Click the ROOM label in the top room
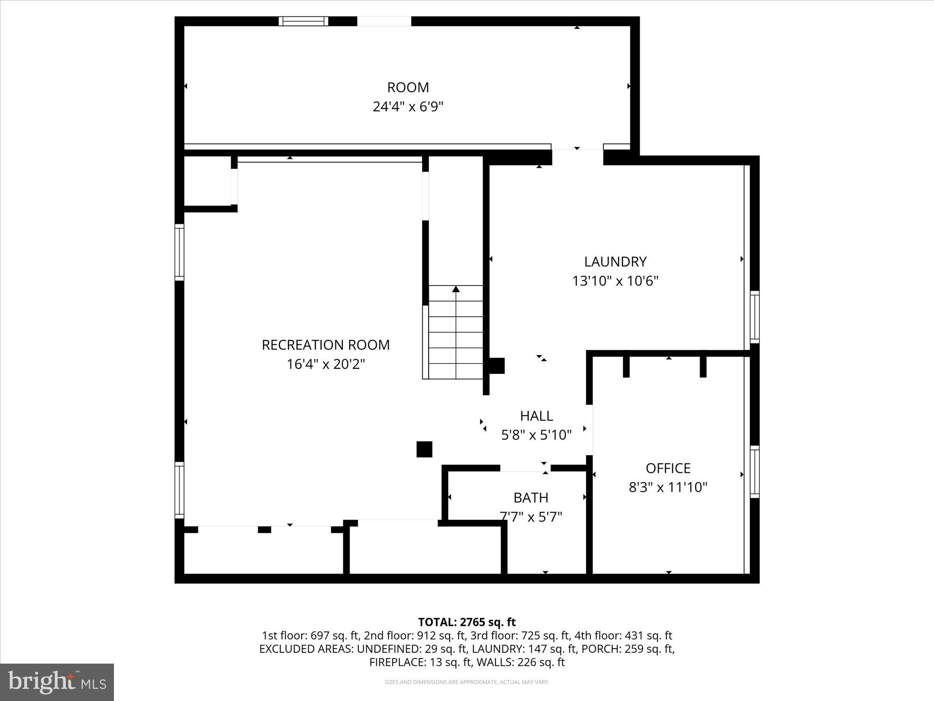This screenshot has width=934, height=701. [408, 87]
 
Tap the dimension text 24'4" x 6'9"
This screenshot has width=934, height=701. [408, 107]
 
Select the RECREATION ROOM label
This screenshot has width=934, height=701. [325, 345]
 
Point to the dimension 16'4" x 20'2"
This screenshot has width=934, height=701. [325, 364]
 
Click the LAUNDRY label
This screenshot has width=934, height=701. [615, 262]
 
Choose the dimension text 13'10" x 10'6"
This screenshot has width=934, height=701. [615, 281]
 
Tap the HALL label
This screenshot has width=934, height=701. [536, 415]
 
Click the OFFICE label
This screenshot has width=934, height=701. [668, 468]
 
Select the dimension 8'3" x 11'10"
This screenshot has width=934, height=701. [668, 487]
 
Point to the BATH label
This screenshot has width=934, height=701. [531, 498]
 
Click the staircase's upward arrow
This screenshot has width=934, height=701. [456, 289]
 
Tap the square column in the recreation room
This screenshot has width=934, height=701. [424, 449]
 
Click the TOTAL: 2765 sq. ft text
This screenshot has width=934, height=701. [467, 622]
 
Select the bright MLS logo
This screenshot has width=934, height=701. [57, 682]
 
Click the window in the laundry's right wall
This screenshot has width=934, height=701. [754, 317]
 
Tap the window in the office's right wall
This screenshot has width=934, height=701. [754, 472]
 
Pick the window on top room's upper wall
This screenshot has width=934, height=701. [304, 21]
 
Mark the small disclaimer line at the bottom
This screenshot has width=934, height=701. [467, 682]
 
